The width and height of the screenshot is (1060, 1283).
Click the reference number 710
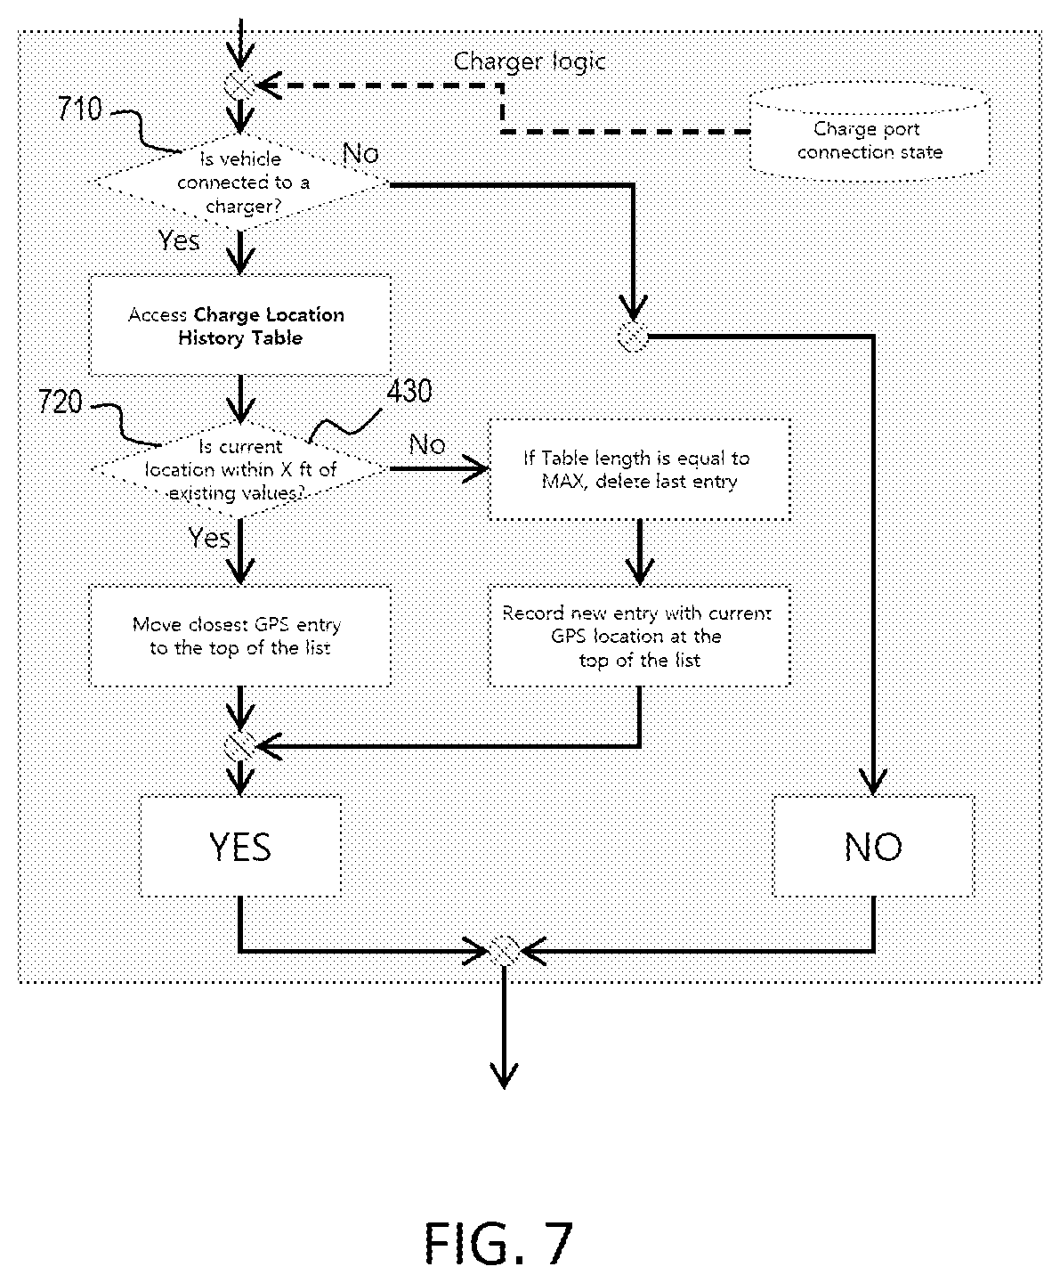(x=80, y=109)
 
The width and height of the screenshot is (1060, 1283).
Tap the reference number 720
(x=61, y=402)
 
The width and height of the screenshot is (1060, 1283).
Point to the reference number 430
(x=409, y=391)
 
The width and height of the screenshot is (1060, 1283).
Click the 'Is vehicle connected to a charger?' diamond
(x=240, y=183)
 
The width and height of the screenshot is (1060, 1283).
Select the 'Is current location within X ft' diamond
(x=240, y=469)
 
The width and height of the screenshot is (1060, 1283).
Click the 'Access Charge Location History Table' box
(x=240, y=325)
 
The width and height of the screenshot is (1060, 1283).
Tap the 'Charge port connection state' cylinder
(x=869, y=132)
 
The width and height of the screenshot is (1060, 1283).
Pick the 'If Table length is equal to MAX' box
(x=639, y=469)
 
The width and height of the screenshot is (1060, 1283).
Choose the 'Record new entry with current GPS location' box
(x=639, y=636)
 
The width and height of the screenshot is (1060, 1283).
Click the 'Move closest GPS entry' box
(x=240, y=636)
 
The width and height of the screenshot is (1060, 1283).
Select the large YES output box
(x=240, y=847)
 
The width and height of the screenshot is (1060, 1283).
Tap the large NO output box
(x=873, y=847)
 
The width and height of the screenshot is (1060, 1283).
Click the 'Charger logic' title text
(x=530, y=61)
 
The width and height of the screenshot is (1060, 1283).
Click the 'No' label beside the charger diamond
(x=360, y=154)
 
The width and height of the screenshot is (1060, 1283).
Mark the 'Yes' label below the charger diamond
(x=179, y=240)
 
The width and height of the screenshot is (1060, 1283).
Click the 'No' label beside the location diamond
(x=427, y=444)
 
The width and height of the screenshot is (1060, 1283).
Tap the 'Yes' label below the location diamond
(x=209, y=539)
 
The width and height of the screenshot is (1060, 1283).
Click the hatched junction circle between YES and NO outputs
(x=504, y=951)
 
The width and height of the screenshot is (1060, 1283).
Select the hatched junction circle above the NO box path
(x=633, y=337)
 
